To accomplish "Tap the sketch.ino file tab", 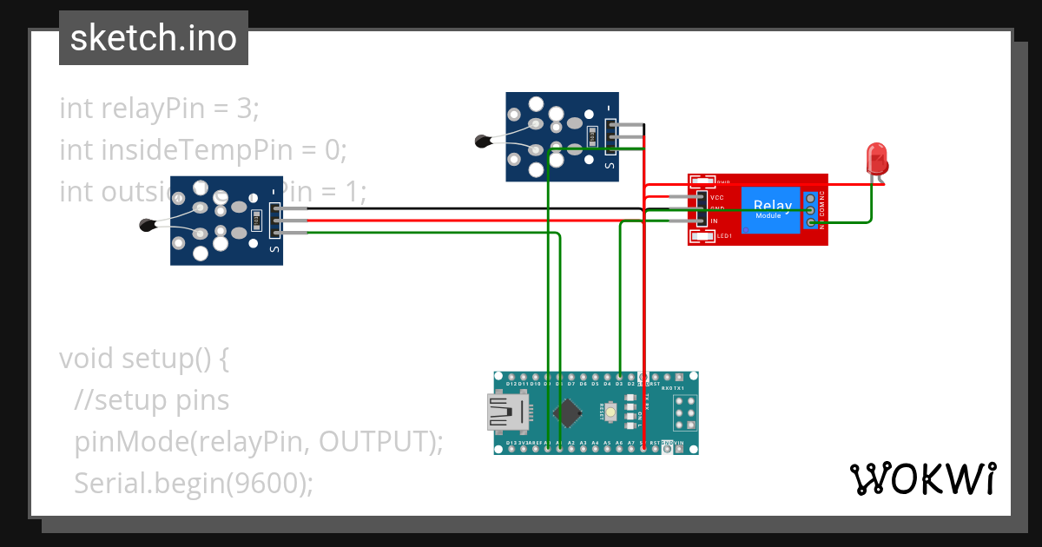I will click(x=154, y=38).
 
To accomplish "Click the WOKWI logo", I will click(x=922, y=478).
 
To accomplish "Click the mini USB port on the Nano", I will click(x=506, y=412).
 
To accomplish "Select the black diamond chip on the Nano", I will click(x=570, y=412).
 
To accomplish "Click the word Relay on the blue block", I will click(x=773, y=206).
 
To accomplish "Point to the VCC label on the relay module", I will click(x=717, y=198).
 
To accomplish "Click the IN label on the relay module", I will click(x=714, y=221).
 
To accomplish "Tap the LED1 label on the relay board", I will click(x=723, y=235).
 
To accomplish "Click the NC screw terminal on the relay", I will click(x=810, y=198).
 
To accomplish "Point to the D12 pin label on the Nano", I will click(x=511, y=384).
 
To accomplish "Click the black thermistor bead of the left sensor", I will click(x=146, y=226).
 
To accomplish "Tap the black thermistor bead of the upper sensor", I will click(x=482, y=141).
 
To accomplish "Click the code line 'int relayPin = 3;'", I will click(x=160, y=109).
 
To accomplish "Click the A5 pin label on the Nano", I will click(x=607, y=443).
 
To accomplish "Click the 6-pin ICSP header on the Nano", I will click(x=683, y=412).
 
